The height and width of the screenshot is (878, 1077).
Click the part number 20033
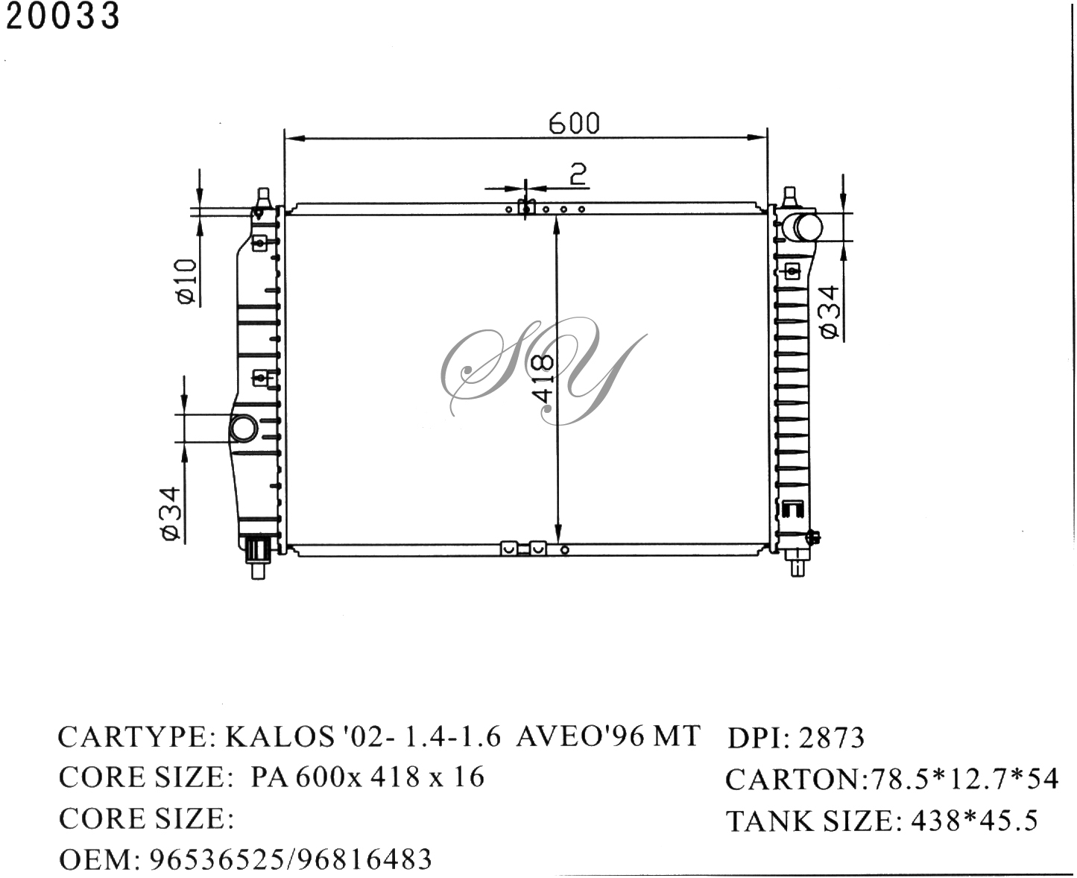point(63,16)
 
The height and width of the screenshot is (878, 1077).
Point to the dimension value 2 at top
point(578,174)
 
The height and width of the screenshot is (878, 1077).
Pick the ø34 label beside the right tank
point(830,312)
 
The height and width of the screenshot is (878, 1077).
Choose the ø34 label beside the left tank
point(171,513)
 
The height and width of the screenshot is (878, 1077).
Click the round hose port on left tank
point(243,429)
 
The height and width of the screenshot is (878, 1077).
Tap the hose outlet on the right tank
point(804,227)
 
